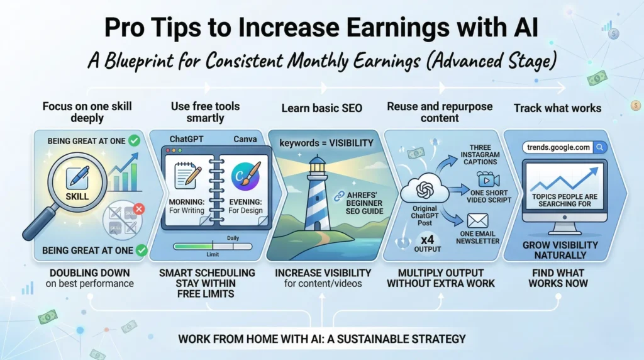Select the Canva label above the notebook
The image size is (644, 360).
coord(245,138)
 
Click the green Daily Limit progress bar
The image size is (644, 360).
coord(192,246)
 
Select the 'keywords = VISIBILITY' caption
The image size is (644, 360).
coord(326,143)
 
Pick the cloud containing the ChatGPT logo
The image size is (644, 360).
coord(425,189)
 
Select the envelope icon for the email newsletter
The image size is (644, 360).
coord(479,221)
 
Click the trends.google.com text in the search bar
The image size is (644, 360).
coord(557,147)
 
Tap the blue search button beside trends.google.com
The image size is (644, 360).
coord(600,147)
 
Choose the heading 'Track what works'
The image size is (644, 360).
coord(557,108)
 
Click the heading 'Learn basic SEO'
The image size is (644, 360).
coord(322,108)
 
